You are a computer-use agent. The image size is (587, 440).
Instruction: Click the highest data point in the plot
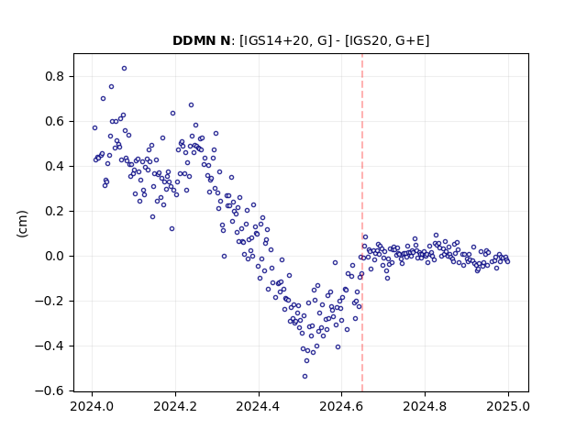pos(125,69)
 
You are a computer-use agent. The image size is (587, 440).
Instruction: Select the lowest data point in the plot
pos(305,377)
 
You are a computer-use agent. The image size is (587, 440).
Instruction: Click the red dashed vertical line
pos(362,223)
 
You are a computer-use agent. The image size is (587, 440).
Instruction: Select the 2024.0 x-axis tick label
pos(92,406)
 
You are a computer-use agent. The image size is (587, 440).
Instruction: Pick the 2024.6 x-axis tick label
pos(341,406)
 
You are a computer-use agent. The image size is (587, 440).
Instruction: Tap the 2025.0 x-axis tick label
pos(508,406)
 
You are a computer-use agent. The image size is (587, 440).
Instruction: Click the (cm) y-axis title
pos(22,224)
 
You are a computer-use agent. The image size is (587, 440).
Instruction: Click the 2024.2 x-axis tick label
pos(175,406)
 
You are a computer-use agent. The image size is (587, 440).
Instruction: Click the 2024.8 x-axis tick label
pos(425,406)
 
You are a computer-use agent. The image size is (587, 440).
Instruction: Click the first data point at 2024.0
pos(94,128)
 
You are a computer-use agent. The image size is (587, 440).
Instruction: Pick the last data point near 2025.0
pos(507,262)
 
